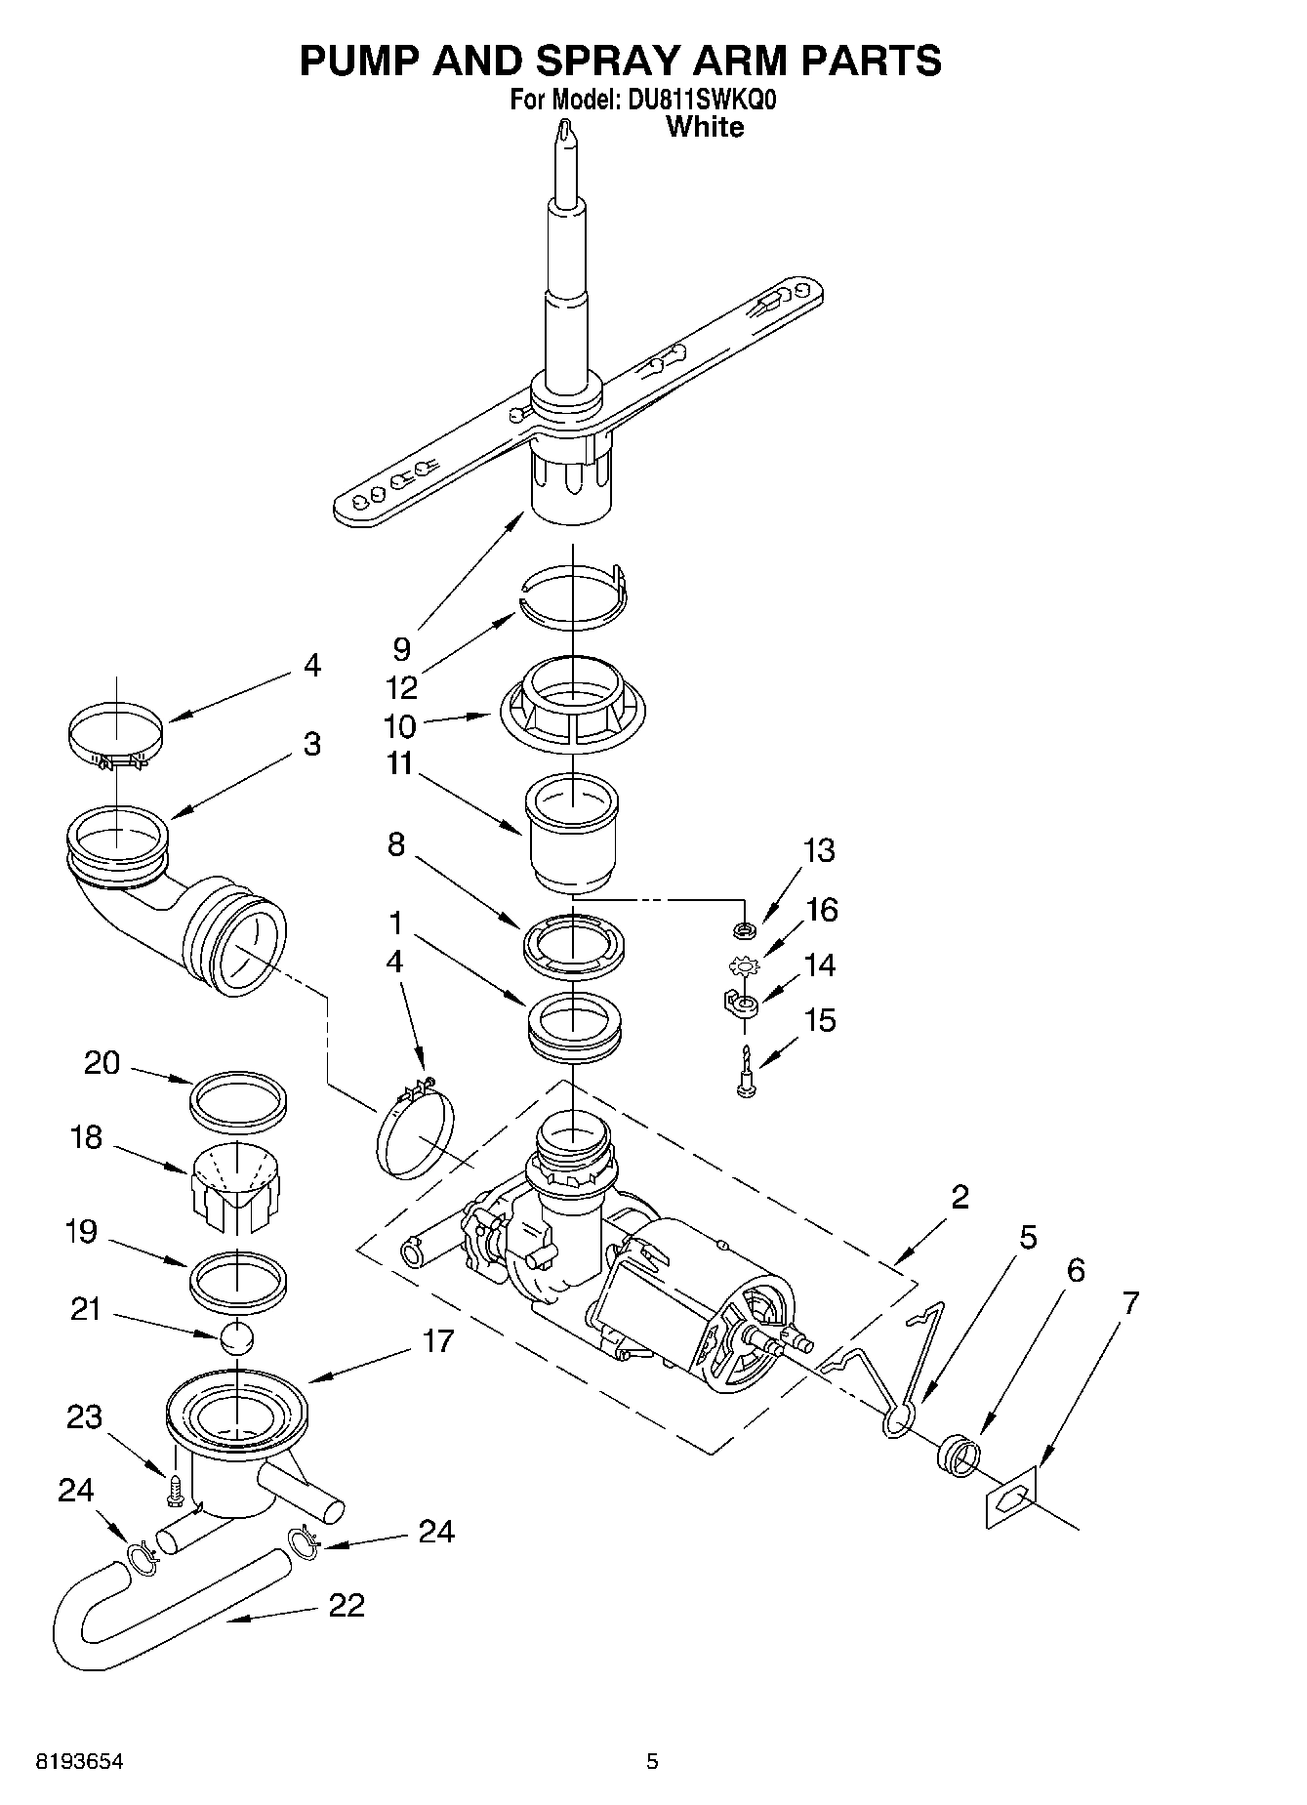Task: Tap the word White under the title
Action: pyautogui.click(x=704, y=127)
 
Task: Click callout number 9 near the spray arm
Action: pyautogui.click(x=401, y=647)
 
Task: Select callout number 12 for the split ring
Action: pyautogui.click(x=401, y=687)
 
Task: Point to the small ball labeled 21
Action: pyautogui.click(x=237, y=1336)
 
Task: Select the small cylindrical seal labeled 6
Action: pyautogui.click(x=956, y=1454)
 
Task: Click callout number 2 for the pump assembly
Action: pyautogui.click(x=960, y=1197)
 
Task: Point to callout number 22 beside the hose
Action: pyautogui.click(x=347, y=1605)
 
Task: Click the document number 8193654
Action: pyautogui.click(x=80, y=1762)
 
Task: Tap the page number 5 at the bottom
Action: pyautogui.click(x=652, y=1762)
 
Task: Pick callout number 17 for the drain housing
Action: pyautogui.click(x=438, y=1340)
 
